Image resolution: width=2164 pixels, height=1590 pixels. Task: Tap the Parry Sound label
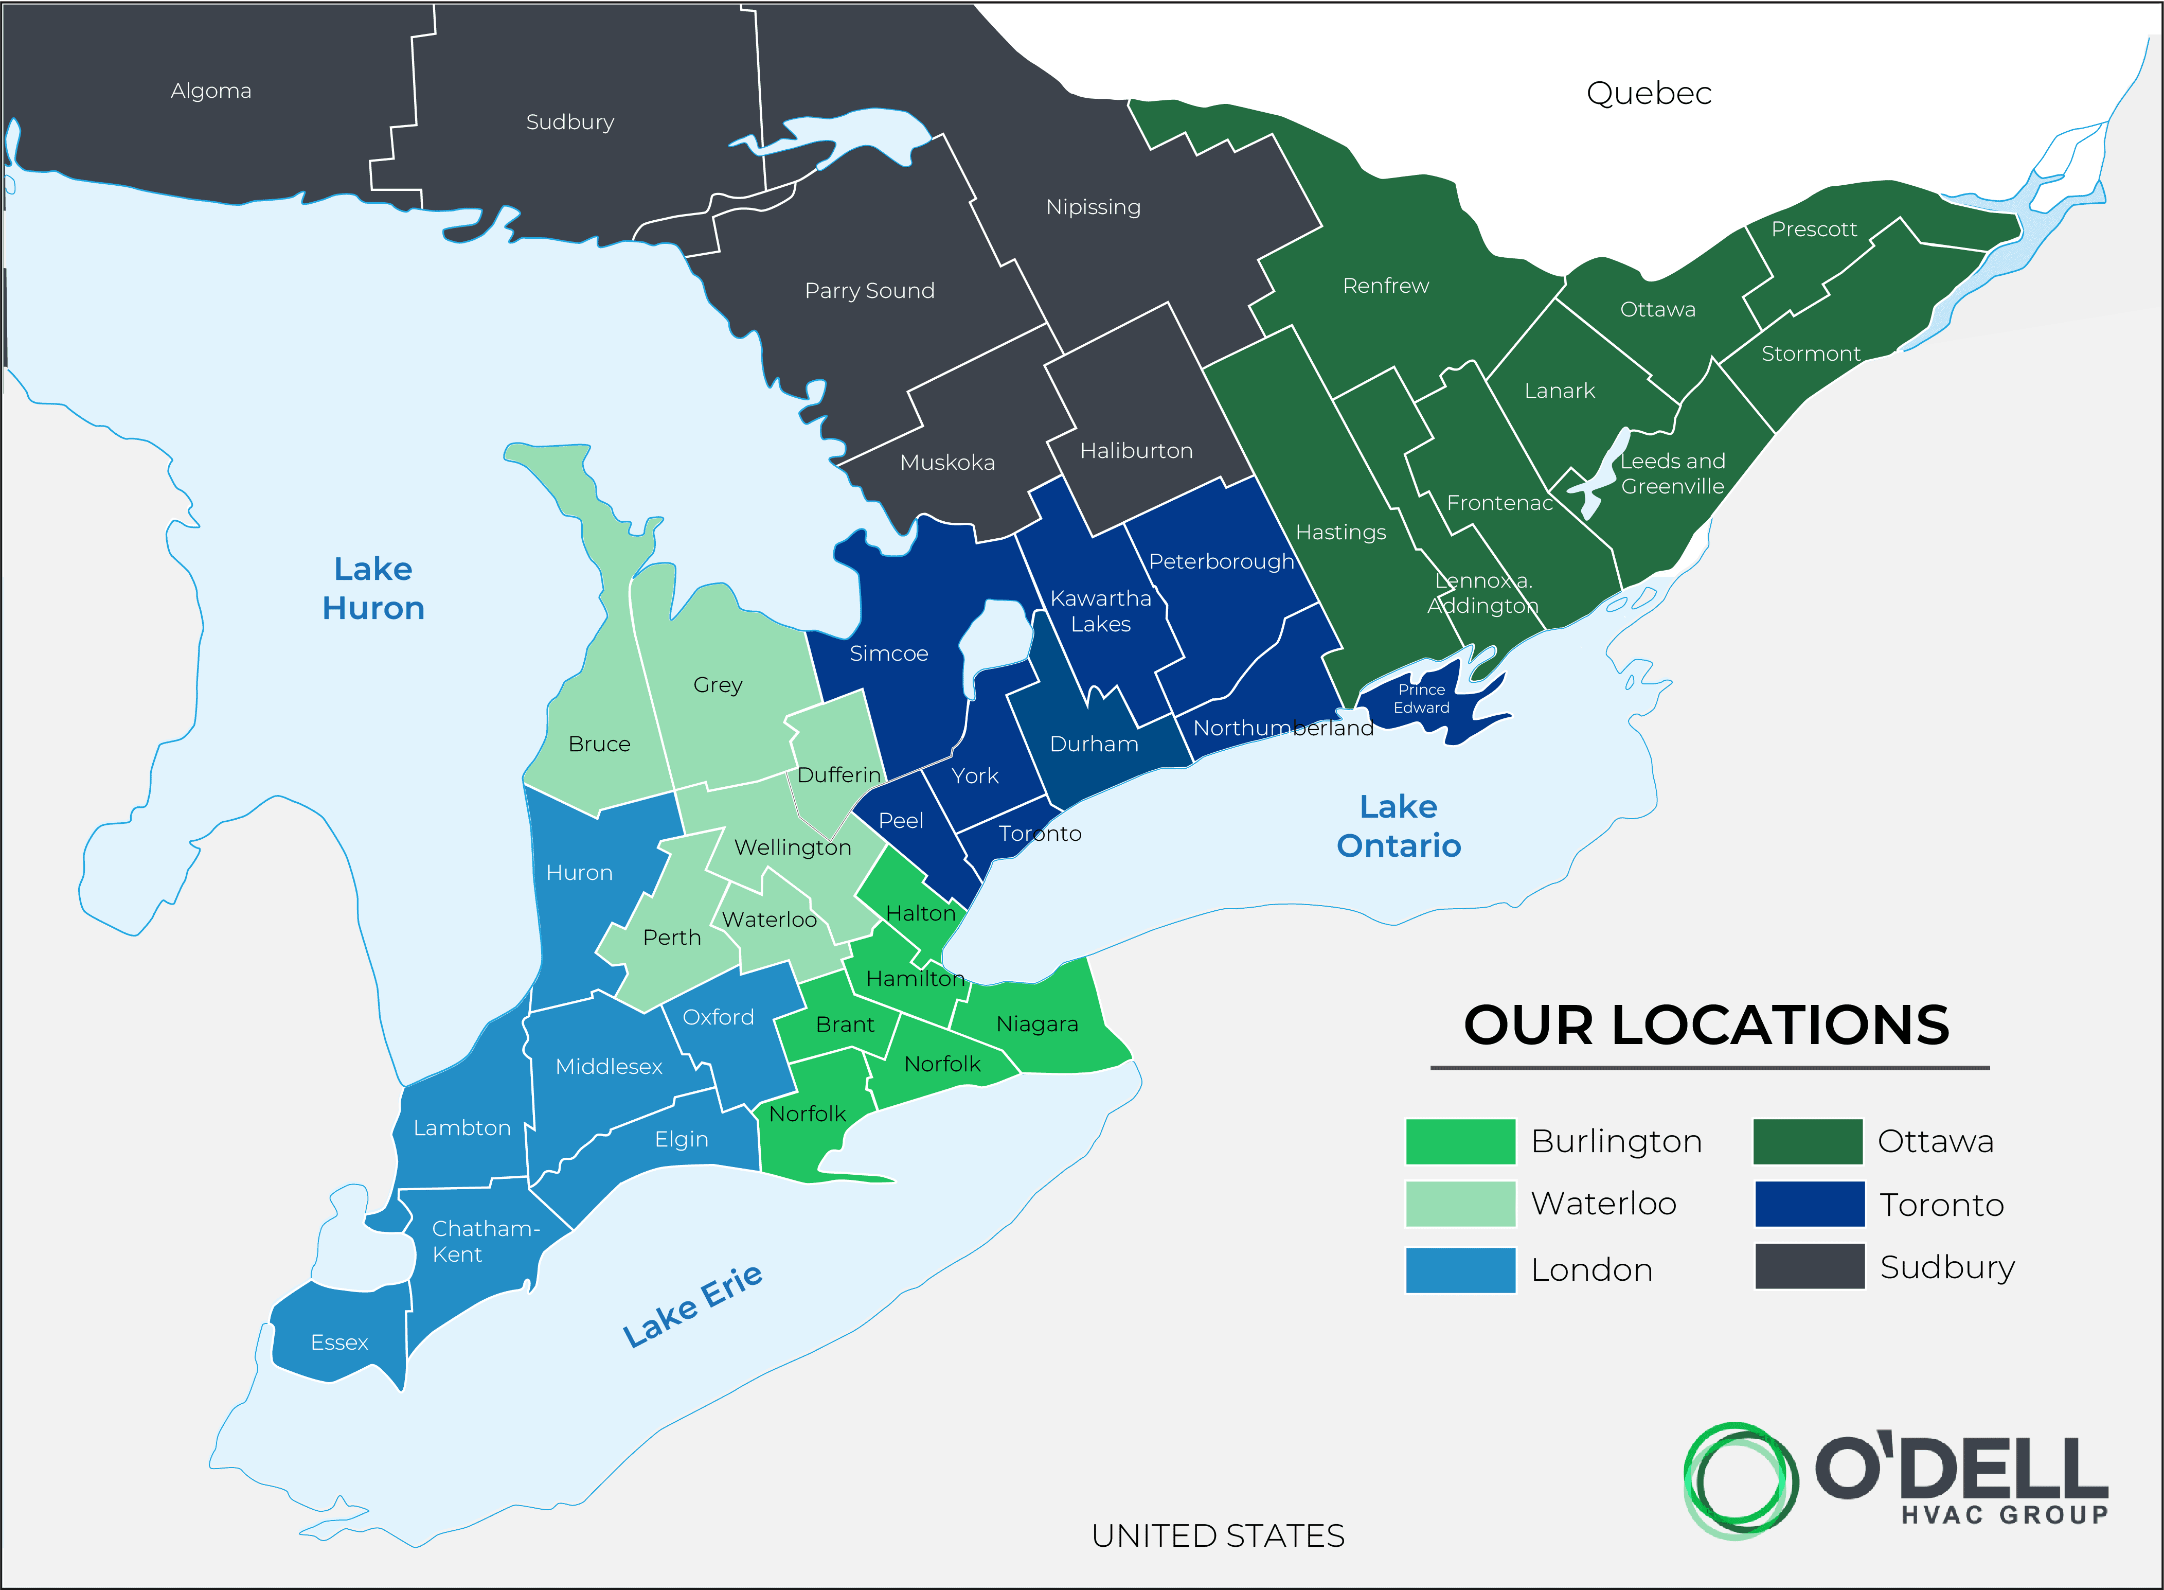869,291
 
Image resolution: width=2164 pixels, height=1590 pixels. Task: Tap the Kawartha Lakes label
1101,611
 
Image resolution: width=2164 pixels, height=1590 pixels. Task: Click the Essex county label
338,1342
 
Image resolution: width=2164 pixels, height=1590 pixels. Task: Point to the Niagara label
1036,1024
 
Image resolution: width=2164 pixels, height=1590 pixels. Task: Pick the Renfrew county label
1386,286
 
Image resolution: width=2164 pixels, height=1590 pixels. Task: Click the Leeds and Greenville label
1672,473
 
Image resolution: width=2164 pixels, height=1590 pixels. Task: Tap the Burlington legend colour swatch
1460,1141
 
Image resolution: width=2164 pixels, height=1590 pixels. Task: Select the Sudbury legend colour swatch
1809,1267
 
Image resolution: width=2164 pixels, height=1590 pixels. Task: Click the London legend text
1591,1270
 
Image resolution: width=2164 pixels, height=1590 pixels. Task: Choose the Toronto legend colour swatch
1809,1204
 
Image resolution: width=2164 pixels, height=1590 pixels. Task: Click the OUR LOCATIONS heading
1706,1025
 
